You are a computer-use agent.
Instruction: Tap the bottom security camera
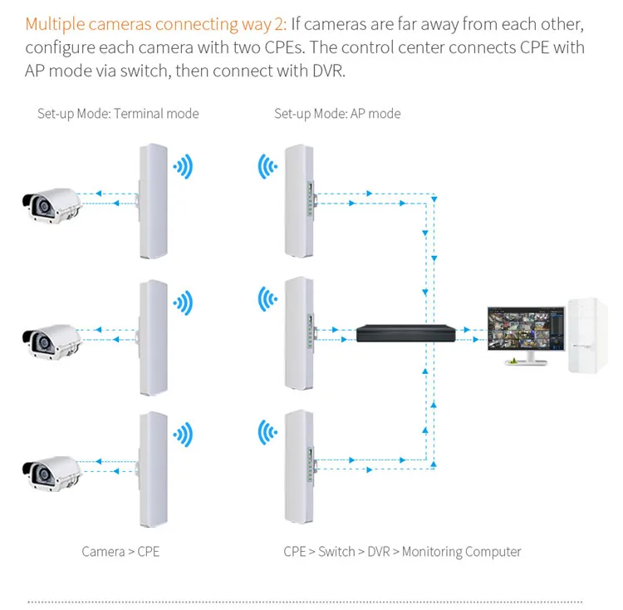(52, 471)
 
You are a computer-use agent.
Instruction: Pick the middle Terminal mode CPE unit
(154, 337)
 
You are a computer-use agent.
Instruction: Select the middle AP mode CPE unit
(298, 334)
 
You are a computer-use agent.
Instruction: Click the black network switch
(406, 333)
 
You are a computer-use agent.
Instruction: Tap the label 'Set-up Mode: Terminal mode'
(118, 113)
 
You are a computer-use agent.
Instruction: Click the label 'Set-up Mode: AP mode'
(337, 113)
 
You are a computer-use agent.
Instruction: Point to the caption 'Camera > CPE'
(120, 551)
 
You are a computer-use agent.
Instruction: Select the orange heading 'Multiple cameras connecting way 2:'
(156, 23)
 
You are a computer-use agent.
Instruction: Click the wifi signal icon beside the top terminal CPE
(183, 166)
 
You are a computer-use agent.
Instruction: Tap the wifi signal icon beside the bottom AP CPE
(267, 433)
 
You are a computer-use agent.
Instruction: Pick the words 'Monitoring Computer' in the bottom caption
(461, 551)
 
